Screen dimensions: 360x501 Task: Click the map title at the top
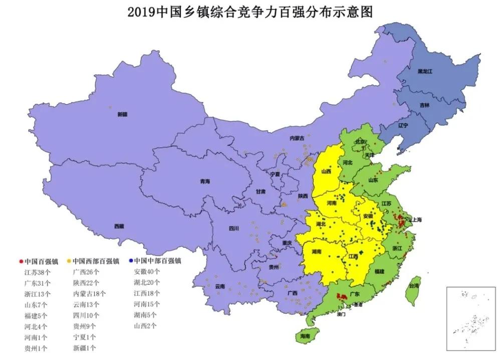tap(250, 12)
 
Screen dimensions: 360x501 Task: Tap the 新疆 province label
tap(123, 114)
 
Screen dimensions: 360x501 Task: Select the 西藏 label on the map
tap(119, 226)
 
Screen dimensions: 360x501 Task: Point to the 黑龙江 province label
tap(425, 72)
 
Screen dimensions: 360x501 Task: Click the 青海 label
tap(204, 181)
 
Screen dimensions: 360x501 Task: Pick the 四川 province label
tap(233, 228)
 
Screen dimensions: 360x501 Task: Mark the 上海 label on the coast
tap(415, 220)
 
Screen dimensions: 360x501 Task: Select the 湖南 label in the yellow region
tap(317, 252)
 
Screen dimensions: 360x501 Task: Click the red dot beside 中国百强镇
tap(20, 261)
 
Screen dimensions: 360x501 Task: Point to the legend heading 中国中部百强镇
tap(157, 261)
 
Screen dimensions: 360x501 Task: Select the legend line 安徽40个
tap(147, 272)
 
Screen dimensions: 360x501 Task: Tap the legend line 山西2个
tap(145, 326)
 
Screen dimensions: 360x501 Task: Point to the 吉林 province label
tap(424, 105)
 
